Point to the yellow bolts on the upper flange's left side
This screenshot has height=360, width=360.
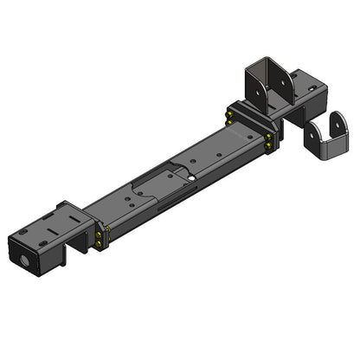coord(230,115)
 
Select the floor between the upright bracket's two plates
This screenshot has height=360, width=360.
coord(272,100)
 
